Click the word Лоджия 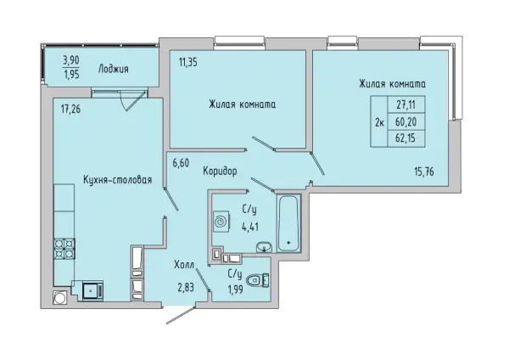[x=113, y=70]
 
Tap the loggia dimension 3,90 [x=72, y=60]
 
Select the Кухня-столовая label [x=117, y=179]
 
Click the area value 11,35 [x=189, y=61]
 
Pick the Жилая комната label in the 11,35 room [x=243, y=105]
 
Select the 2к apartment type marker [x=379, y=122]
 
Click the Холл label [x=185, y=264]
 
